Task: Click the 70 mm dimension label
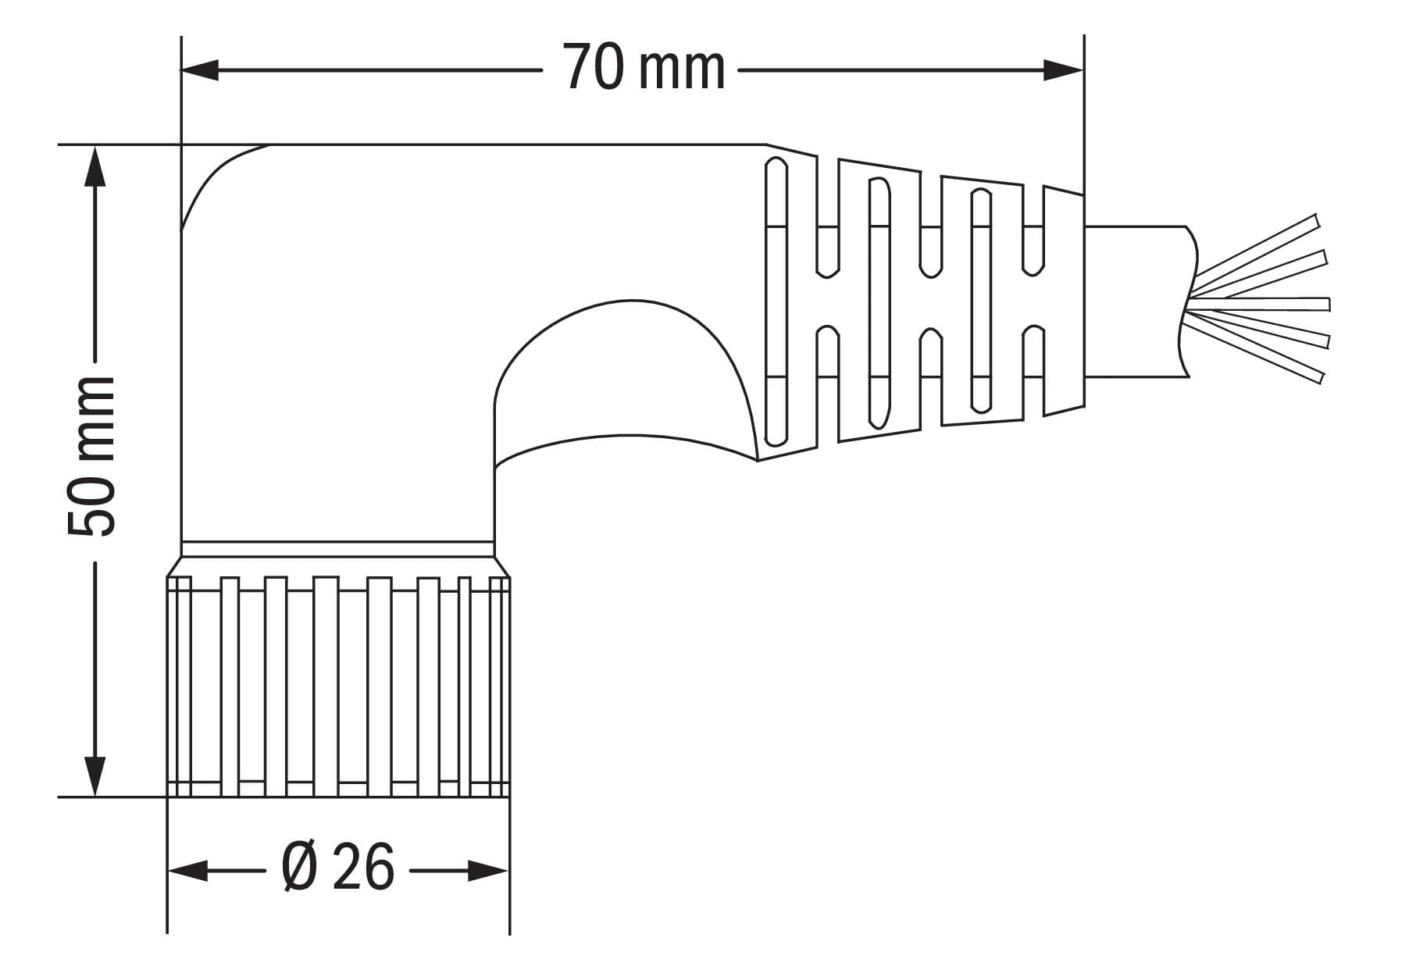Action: (x=644, y=68)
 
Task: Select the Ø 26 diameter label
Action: (x=337, y=868)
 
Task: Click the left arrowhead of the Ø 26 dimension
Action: (x=188, y=870)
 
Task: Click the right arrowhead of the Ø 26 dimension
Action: (x=489, y=870)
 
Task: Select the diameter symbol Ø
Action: (x=300, y=868)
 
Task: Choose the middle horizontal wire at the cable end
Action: (x=1259, y=303)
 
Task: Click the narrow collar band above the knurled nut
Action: (x=337, y=549)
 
